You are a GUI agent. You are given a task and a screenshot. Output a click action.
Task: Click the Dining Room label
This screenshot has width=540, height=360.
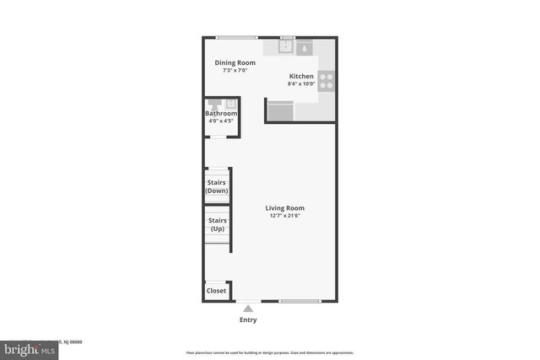(x=235, y=62)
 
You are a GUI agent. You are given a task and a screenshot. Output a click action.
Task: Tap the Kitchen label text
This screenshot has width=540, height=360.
(x=301, y=76)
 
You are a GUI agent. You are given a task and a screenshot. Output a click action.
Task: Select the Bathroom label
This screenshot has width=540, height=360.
(x=221, y=114)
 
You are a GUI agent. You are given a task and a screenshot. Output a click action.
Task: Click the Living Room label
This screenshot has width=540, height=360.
(x=284, y=208)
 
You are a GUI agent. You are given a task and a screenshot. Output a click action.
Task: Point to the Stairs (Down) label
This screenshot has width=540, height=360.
(x=217, y=185)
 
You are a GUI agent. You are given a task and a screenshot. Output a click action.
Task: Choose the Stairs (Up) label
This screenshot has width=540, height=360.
(x=217, y=225)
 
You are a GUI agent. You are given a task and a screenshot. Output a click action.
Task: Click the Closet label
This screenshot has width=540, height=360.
(x=216, y=291)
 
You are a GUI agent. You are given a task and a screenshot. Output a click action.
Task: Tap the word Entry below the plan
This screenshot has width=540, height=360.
(x=248, y=320)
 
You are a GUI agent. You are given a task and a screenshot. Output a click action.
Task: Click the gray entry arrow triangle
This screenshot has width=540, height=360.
(x=247, y=309)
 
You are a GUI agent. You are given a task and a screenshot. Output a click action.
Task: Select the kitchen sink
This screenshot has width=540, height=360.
(x=286, y=48)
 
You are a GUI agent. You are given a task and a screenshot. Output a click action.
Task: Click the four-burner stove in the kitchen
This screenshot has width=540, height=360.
(x=327, y=81)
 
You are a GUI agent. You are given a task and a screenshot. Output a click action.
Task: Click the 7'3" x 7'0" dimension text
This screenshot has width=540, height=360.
(x=235, y=70)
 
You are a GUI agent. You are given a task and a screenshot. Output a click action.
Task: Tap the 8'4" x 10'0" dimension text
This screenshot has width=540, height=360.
(x=301, y=83)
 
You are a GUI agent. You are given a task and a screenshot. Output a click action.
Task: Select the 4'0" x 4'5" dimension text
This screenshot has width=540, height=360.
(x=220, y=121)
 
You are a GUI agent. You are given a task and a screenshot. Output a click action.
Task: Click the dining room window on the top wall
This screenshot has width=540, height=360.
(x=235, y=36)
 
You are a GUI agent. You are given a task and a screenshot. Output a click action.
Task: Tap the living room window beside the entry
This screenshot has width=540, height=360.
(x=300, y=301)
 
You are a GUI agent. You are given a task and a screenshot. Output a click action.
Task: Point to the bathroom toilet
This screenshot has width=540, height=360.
(x=229, y=104)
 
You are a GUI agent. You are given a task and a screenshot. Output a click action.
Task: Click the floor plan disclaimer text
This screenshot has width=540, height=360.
(x=269, y=353)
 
